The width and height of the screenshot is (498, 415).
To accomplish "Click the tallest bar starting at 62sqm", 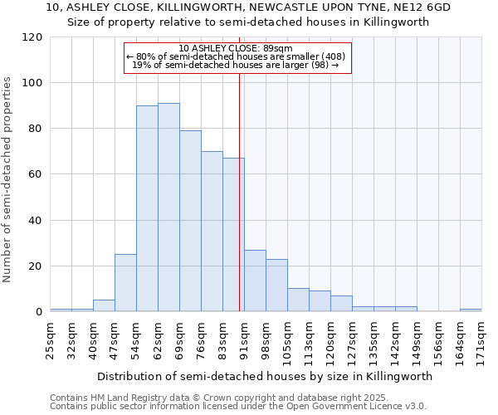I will (168, 207).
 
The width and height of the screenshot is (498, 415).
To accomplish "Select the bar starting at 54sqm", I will (147, 208).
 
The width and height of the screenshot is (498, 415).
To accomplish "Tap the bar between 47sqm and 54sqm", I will (125, 283).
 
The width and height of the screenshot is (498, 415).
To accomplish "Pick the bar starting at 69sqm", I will (190, 221).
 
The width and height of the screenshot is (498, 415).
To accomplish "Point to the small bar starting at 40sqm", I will (104, 305).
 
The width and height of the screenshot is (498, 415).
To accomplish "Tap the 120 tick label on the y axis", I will (32, 37).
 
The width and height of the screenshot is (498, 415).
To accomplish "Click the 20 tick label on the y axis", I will (36, 266).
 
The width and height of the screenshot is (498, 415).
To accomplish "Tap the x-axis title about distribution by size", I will (265, 376).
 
